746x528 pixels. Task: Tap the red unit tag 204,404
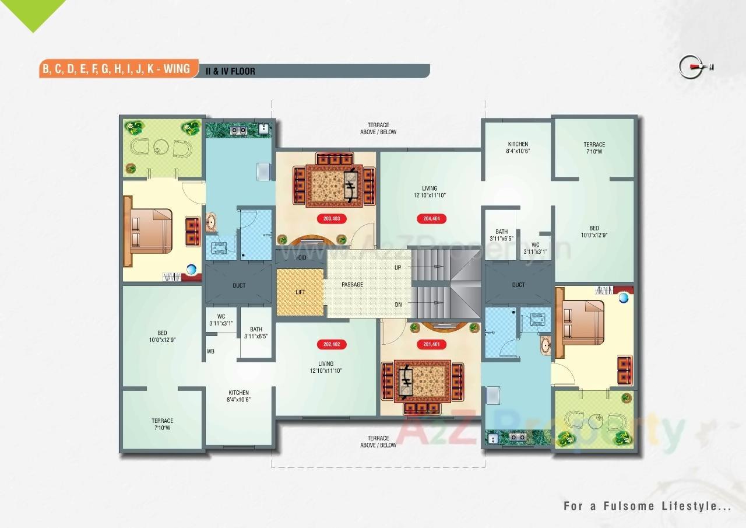pos(431,219)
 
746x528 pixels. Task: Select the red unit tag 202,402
pos(331,344)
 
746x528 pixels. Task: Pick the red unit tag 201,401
pos(431,344)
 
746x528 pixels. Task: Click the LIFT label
pos(301,292)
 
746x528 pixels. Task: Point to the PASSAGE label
pos(352,285)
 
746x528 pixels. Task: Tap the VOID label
pos(301,257)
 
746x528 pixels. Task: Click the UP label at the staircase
pos(398,267)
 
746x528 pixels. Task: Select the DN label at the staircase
pos(398,305)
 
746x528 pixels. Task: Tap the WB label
pos(210,352)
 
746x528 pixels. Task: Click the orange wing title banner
pos(117,69)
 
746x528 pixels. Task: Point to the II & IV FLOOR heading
pos(230,72)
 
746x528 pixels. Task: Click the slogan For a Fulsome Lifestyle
pos(647,506)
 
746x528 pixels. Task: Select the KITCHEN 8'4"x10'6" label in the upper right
pos(518,148)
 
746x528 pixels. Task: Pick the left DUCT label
pos(239,285)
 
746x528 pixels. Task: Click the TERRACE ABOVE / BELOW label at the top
pos(378,128)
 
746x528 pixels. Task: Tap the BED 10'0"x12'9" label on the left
pos(162,336)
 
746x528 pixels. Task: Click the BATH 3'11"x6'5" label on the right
pos(501,235)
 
